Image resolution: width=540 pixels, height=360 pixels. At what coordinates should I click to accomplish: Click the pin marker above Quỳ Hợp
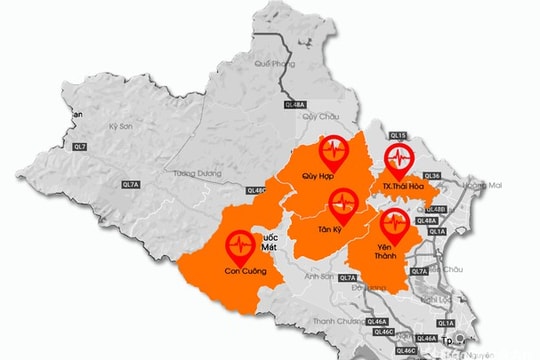[x=333, y=152]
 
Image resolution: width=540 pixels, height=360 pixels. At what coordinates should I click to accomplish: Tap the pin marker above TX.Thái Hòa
[x=399, y=159]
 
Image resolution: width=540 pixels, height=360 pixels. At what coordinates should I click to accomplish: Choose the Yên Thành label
[x=390, y=250]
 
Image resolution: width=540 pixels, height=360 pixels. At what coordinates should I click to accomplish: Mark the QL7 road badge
[x=80, y=147]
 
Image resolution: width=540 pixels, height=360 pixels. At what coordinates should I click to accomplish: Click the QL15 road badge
[x=398, y=135]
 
